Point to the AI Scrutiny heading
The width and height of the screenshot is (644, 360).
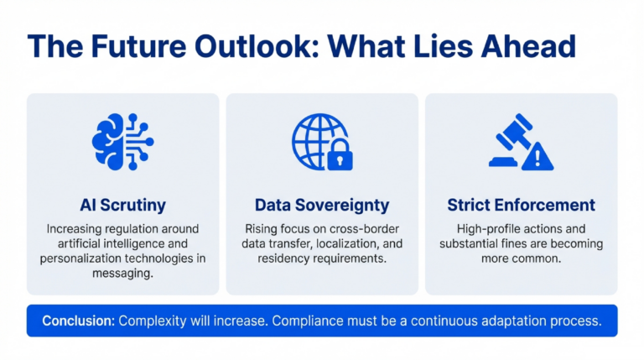pos(122,205)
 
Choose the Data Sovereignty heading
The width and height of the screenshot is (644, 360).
pos(322,205)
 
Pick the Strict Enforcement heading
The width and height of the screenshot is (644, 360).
pos(521,205)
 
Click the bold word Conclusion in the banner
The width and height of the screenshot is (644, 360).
pos(78,321)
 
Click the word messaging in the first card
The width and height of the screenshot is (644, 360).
pos(122,274)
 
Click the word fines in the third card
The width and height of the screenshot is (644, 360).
pos(517,243)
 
